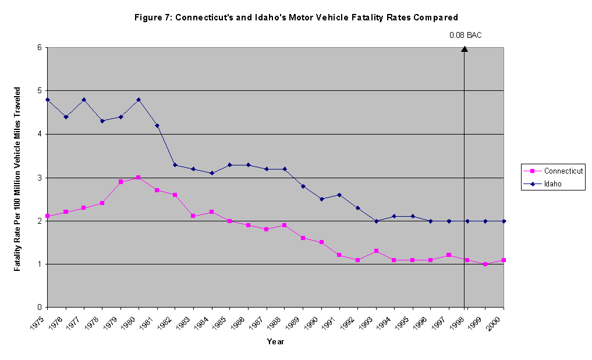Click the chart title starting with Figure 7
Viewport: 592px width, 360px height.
point(296,17)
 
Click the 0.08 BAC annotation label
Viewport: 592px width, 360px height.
point(465,36)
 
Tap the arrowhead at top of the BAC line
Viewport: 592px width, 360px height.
point(465,49)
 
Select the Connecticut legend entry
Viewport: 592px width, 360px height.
point(555,171)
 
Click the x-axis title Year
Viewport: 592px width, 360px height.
point(275,342)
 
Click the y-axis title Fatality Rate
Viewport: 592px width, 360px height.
point(18,178)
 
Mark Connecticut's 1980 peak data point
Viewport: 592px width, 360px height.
point(139,178)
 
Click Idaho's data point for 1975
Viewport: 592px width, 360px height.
point(48,100)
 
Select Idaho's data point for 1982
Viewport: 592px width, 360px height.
point(175,165)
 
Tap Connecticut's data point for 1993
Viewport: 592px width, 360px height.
point(376,251)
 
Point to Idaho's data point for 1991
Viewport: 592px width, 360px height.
point(339,195)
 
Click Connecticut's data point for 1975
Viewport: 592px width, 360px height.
point(48,216)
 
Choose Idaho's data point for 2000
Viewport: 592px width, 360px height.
point(504,221)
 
